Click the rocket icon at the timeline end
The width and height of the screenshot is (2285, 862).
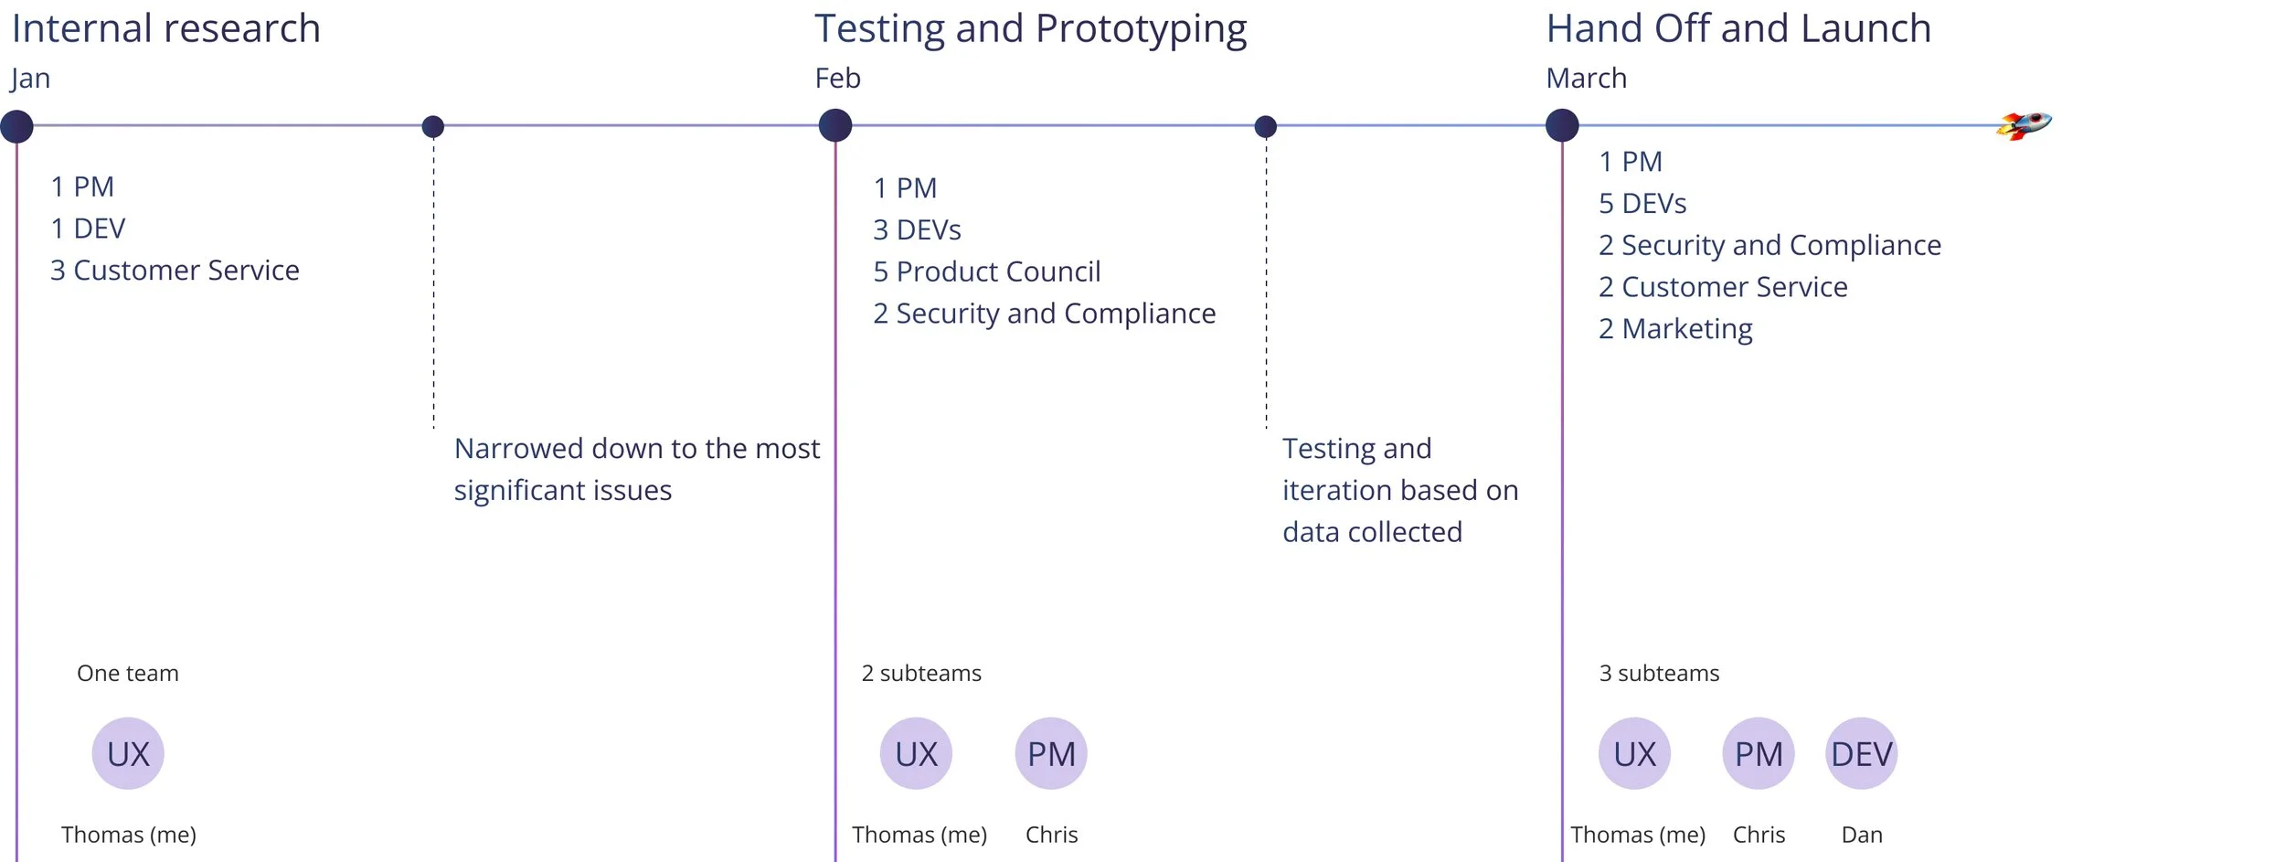[x=2024, y=125]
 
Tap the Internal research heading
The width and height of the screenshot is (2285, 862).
[x=166, y=28]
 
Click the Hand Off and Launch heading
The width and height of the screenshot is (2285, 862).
[x=1738, y=28]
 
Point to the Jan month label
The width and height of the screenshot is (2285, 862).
[x=30, y=79]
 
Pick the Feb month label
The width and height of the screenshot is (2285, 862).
[x=837, y=78]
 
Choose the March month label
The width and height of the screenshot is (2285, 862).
[x=1586, y=78]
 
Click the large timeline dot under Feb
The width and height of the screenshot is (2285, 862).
[x=835, y=125]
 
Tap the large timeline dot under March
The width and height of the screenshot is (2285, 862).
[x=1562, y=125]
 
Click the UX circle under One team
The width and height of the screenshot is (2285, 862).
[x=128, y=753]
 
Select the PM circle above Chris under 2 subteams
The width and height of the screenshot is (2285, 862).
[x=1051, y=753]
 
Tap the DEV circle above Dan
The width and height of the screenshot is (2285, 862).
[x=1862, y=753]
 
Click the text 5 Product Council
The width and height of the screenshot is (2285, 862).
[x=986, y=271]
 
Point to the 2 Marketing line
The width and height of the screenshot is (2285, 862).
[x=1675, y=329]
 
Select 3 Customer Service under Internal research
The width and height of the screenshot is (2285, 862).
[x=175, y=271]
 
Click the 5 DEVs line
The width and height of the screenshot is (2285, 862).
[x=1642, y=203]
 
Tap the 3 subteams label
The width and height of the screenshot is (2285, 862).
[x=1659, y=674]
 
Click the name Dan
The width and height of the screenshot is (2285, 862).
[x=1862, y=835]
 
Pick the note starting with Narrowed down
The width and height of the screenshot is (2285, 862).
[x=637, y=470]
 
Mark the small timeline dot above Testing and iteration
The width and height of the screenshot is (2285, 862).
[x=1266, y=126]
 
